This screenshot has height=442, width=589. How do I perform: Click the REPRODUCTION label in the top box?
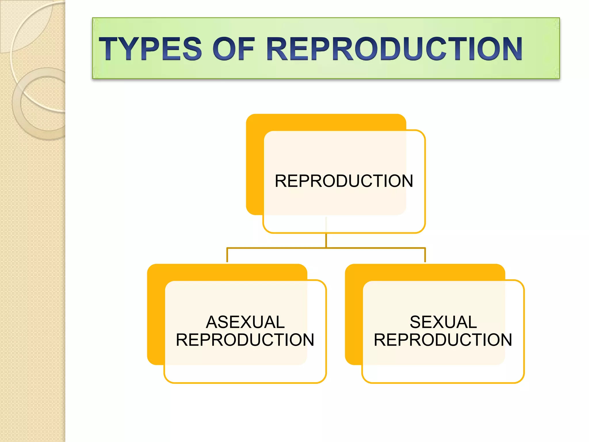(x=344, y=181)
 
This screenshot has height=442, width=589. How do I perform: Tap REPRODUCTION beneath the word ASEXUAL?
(x=245, y=340)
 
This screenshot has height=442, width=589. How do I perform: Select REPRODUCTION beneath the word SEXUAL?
(x=443, y=340)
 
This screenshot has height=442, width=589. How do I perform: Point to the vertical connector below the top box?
(x=326, y=240)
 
